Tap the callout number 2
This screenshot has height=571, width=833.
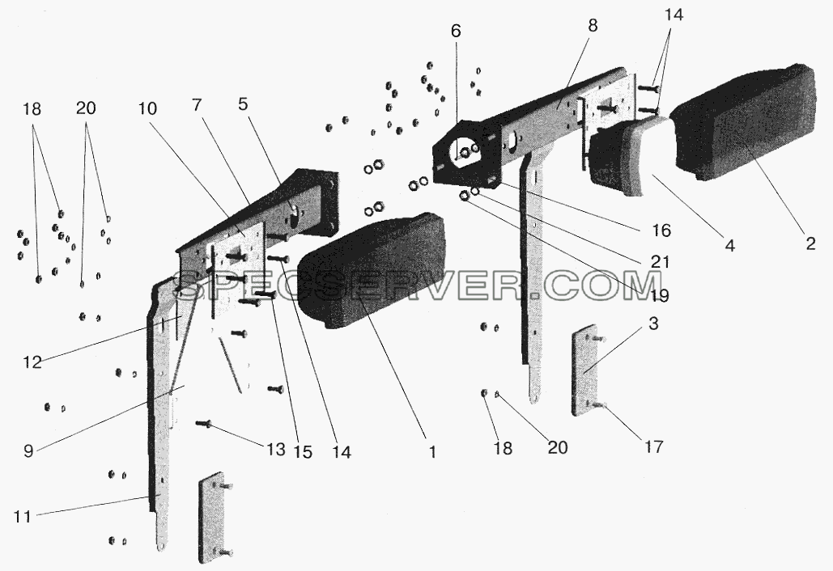click(810, 243)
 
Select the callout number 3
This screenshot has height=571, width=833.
click(653, 324)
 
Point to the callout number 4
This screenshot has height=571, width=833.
click(729, 245)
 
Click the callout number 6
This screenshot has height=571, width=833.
click(456, 32)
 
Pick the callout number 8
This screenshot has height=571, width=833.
click(593, 25)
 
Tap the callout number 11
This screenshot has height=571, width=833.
click(22, 516)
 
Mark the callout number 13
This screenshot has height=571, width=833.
click(276, 450)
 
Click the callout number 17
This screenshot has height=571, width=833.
click(654, 446)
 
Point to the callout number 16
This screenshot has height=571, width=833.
click(661, 231)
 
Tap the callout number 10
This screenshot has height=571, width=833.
click(147, 109)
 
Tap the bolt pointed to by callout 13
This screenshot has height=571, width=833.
click(203, 424)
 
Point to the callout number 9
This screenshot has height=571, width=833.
click(28, 450)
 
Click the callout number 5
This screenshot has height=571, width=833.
click(242, 104)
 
